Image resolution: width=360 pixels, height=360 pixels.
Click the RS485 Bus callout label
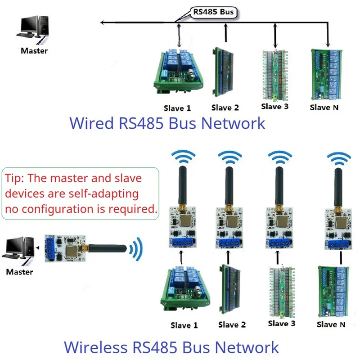point(213,12)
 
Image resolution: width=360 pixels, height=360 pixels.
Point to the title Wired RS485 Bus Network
point(166,123)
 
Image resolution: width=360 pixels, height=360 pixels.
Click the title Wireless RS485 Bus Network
point(171,347)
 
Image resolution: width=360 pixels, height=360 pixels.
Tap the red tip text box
point(81,193)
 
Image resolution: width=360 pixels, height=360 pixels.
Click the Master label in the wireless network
point(19,272)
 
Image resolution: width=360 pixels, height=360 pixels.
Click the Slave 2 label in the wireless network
point(232,324)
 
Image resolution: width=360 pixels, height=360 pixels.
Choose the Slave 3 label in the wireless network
point(281,324)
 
